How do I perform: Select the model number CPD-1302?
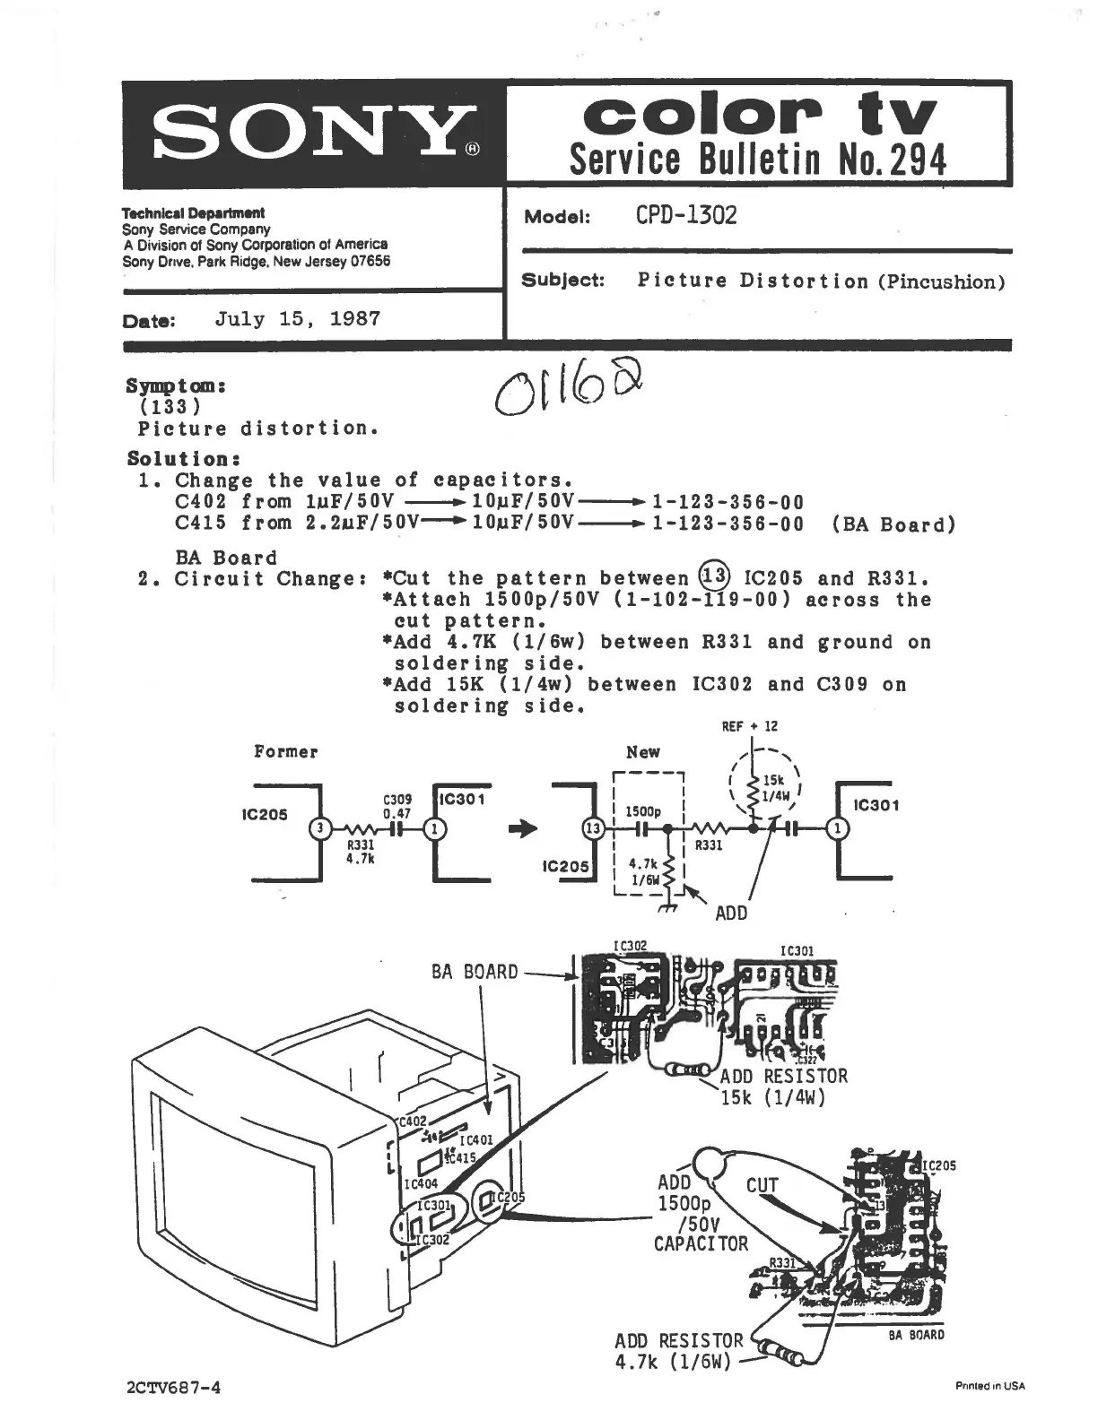pyautogui.click(x=686, y=216)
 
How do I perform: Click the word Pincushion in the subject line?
pyautogui.click(x=941, y=282)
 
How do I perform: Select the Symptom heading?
pyautogui.click(x=175, y=386)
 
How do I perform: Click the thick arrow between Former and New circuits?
pyautogui.click(x=523, y=829)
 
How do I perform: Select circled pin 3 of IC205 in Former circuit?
pyautogui.click(x=316, y=829)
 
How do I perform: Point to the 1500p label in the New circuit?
pyautogui.click(x=642, y=811)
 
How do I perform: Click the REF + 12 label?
pyautogui.click(x=750, y=726)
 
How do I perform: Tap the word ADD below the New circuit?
pyautogui.click(x=731, y=913)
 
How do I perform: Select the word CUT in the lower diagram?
pyautogui.click(x=762, y=1186)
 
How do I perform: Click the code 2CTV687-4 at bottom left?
pyautogui.click(x=174, y=1388)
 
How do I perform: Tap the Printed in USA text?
pyautogui.click(x=990, y=1386)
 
